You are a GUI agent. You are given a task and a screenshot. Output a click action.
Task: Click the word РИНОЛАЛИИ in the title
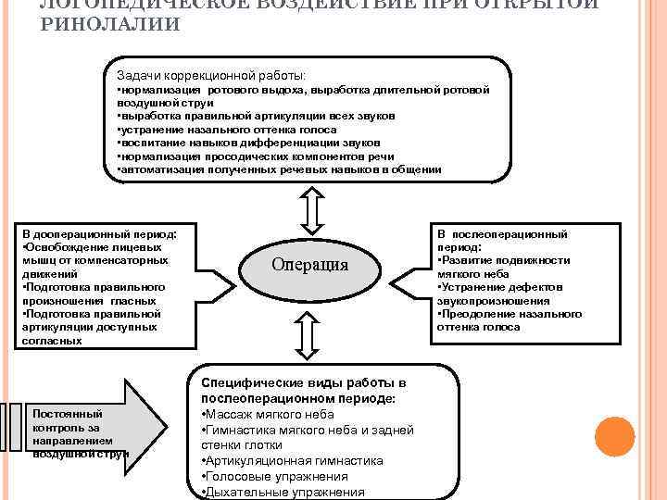pyautogui.click(x=111, y=24)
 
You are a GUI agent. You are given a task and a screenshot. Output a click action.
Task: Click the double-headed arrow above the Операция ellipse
pyautogui.click(x=312, y=210)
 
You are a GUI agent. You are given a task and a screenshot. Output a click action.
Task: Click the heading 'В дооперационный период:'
pyautogui.click(x=99, y=235)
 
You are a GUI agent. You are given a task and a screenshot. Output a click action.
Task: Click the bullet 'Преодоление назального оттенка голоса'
pyautogui.click(x=509, y=320)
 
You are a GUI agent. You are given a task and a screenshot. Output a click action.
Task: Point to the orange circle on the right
pyautogui.click(x=613, y=435)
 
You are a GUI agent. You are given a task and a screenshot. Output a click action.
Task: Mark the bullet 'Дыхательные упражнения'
pyautogui.click(x=283, y=492)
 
